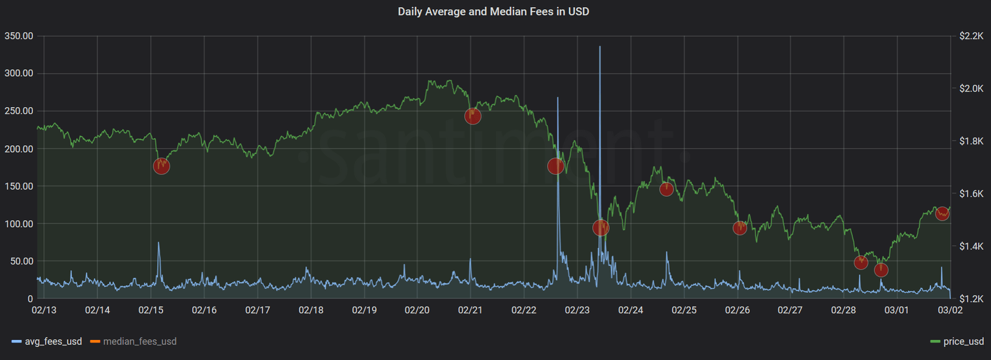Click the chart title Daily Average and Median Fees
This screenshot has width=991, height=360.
point(494,12)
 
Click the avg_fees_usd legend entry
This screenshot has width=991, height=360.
point(53,341)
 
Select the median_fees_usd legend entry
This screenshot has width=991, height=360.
point(139,341)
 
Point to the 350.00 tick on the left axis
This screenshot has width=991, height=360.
point(19,35)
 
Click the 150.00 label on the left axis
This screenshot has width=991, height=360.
point(19,186)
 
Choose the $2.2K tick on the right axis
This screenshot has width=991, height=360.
point(971,35)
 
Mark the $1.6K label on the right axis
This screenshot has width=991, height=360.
point(971,194)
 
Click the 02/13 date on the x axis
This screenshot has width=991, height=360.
point(44,310)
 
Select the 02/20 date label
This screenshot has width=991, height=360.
point(417,310)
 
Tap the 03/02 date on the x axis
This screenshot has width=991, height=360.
point(950,310)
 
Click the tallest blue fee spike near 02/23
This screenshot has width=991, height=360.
point(600,48)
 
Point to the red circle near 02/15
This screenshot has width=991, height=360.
point(161,166)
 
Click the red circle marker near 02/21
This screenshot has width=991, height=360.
point(473,116)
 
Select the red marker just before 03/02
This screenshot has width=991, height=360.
point(942,213)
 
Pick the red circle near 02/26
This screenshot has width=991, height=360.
point(740,228)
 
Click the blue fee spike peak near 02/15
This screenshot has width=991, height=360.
point(159,243)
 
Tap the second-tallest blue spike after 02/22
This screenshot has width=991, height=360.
point(557,98)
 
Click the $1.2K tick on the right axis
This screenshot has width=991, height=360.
point(971,299)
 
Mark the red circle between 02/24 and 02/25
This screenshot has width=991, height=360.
point(667,189)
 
